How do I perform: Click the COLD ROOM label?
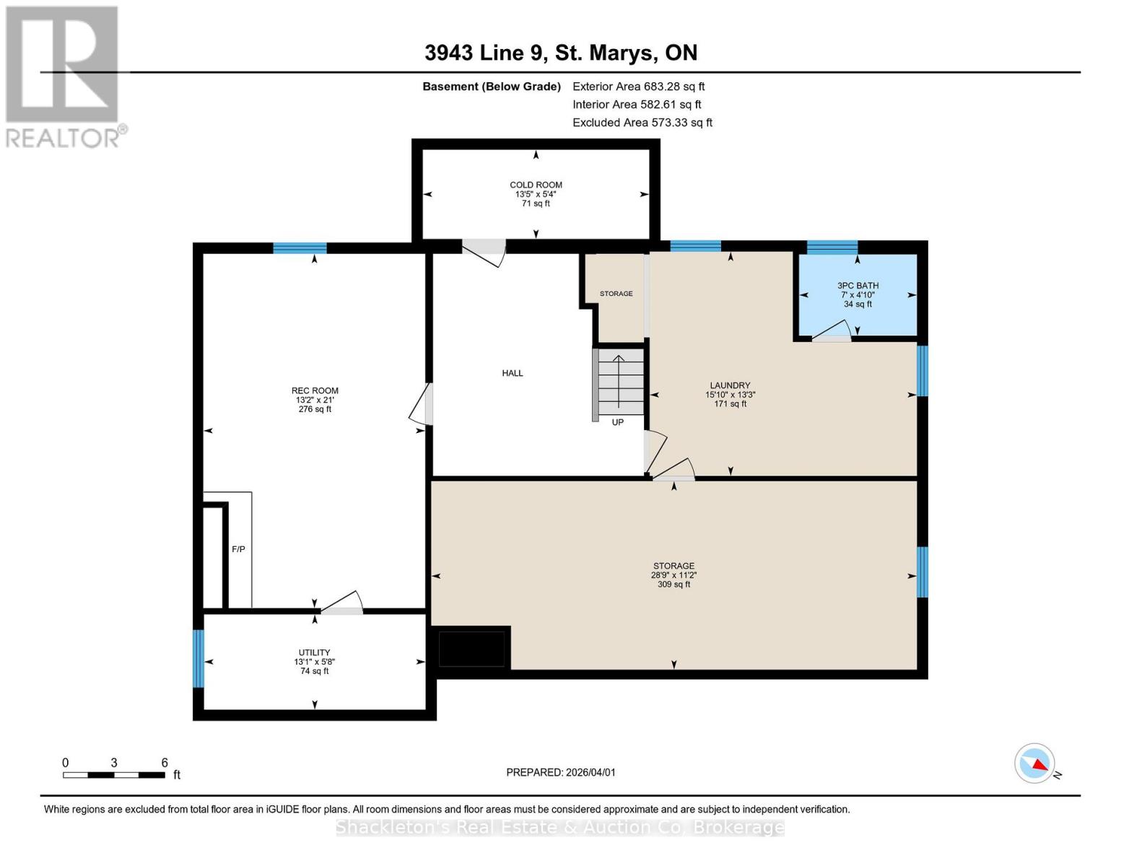[x=536, y=185]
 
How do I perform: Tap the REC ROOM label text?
[x=315, y=390]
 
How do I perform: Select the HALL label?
[x=512, y=373]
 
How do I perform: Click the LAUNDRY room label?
[x=730, y=385]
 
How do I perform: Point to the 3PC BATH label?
[x=858, y=286]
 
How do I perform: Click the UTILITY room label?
[x=314, y=652]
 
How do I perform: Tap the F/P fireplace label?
[x=238, y=549]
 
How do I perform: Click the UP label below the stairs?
[x=617, y=422]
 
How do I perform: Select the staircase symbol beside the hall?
[x=618, y=384]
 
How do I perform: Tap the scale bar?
[x=114, y=775]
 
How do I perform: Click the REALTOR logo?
[x=64, y=77]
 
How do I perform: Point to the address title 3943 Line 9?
[x=561, y=53]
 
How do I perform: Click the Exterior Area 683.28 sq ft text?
[x=638, y=87]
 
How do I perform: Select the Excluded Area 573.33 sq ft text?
[x=642, y=123]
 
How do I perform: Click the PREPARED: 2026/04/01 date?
[x=561, y=772]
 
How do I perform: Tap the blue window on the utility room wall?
[x=198, y=658]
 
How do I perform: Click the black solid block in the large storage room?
[x=471, y=648]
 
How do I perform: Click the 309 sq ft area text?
[x=673, y=585]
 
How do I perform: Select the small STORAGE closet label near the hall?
[x=616, y=294]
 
